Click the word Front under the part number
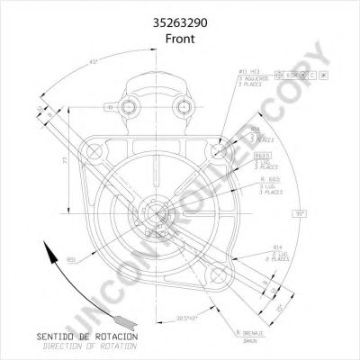click(x=180, y=30)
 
